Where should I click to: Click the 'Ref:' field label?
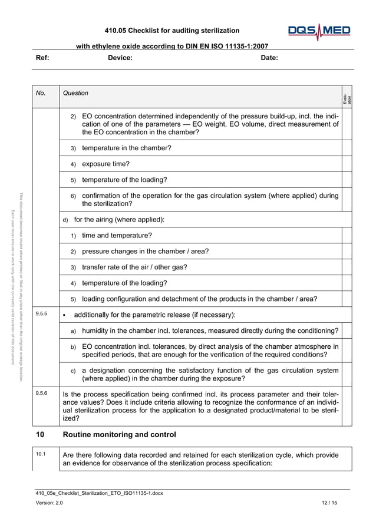pyautogui.click(x=42, y=58)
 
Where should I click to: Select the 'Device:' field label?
pyautogui.click(x=120, y=58)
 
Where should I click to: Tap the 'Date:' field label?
pyautogui.click(x=269, y=58)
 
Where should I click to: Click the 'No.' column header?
pyautogui.click(x=41, y=93)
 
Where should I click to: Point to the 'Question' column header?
pyautogui.click(x=75, y=93)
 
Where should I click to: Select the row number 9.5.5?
pyautogui.click(x=41, y=314)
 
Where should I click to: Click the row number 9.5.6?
pyautogui.click(x=41, y=391)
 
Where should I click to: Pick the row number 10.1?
pyautogui.click(x=41, y=454)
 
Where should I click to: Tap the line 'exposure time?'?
pyautogui.click(x=105, y=164)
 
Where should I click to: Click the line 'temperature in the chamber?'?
pyautogui.click(x=126, y=148)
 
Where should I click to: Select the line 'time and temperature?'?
pyautogui.click(x=117, y=236)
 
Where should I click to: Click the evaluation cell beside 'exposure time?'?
pyautogui.click(x=347, y=164)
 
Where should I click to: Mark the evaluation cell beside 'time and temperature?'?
pyautogui.click(x=347, y=236)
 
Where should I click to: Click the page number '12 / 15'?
pyautogui.click(x=329, y=502)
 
